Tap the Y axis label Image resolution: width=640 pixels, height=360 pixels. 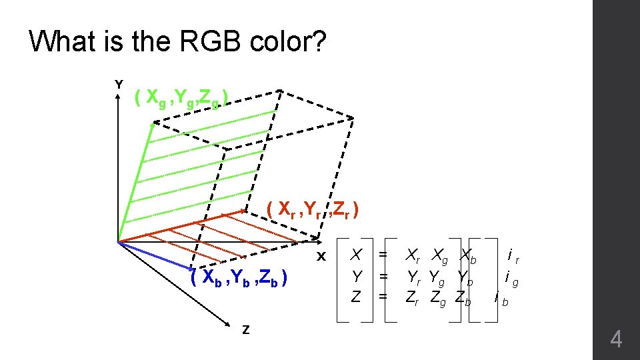[119, 85]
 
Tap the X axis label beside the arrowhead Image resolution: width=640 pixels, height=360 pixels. [321, 257]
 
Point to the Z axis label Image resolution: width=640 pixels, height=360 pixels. [246, 329]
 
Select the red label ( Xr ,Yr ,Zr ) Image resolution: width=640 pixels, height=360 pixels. [313, 210]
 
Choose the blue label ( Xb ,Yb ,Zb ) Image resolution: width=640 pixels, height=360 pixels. [239, 277]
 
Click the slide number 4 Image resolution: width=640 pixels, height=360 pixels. [616, 341]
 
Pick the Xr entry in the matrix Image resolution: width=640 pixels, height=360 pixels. [414, 254]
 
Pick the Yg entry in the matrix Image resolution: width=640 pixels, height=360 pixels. [439, 275]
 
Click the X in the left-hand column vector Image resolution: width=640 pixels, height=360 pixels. [357, 254]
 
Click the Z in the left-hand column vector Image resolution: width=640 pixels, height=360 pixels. [357, 297]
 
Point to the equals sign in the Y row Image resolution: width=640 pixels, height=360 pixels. [383, 275]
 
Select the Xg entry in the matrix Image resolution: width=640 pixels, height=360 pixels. [439, 254]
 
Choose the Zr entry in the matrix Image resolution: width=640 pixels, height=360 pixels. [413, 297]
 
